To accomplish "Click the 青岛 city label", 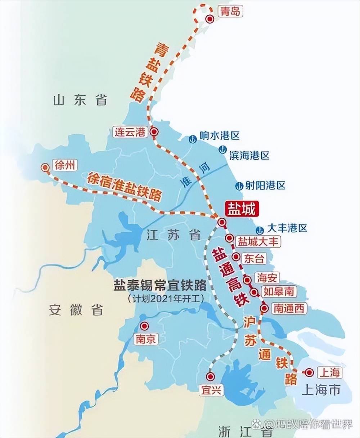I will (230, 12).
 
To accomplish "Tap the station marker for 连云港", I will (154, 132).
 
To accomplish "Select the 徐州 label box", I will (65, 165).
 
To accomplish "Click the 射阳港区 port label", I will (265, 186).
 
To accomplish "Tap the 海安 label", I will (267, 277).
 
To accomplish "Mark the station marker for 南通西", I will (264, 308).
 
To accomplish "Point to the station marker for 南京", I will (145, 326).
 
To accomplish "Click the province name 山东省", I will (80, 100).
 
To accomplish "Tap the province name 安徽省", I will (76, 310).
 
